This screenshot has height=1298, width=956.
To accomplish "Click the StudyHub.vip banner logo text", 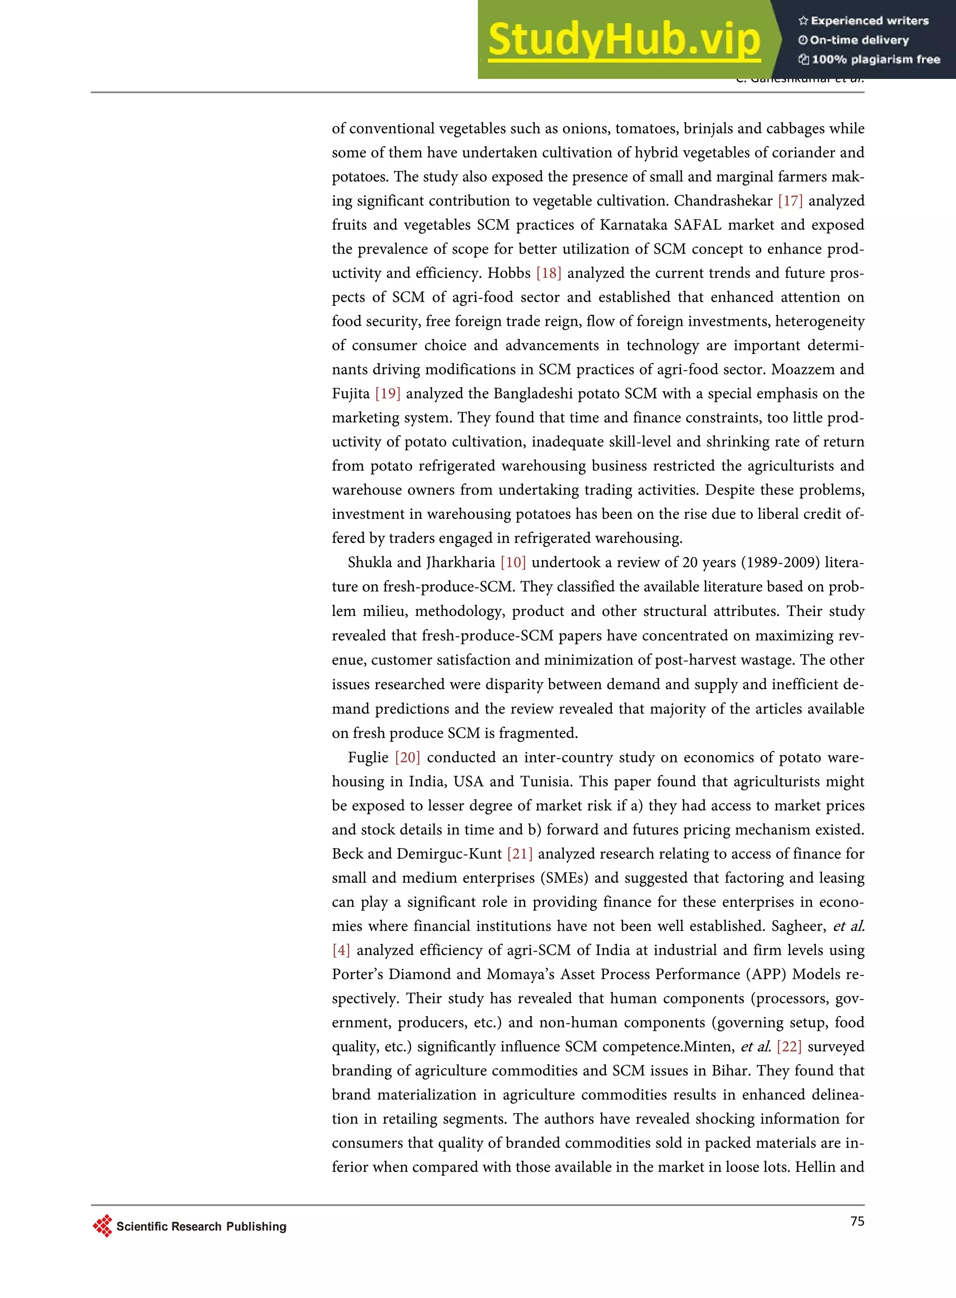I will pyautogui.click(x=624, y=39).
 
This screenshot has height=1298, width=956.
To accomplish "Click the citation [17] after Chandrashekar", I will pyautogui.click(x=790, y=201).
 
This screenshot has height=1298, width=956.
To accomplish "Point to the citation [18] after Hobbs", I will pyautogui.click(x=548, y=273).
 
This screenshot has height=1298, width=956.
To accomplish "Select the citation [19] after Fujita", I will pyautogui.click(x=388, y=394).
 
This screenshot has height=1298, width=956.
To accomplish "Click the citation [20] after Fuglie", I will pyautogui.click(x=408, y=757).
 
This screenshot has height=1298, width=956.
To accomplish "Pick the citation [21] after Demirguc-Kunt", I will pyautogui.click(x=519, y=854).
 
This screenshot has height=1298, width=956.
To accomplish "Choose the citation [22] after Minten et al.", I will pyautogui.click(x=789, y=1047).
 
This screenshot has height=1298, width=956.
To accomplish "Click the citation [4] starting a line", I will pyautogui.click(x=341, y=950).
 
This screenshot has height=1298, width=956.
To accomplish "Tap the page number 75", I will pyautogui.click(x=857, y=1221).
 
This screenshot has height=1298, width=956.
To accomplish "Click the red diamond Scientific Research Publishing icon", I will pyautogui.click(x=102, y=1226).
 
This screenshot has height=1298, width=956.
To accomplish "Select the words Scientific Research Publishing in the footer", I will pyautogui.click(x=201, y=1226).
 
